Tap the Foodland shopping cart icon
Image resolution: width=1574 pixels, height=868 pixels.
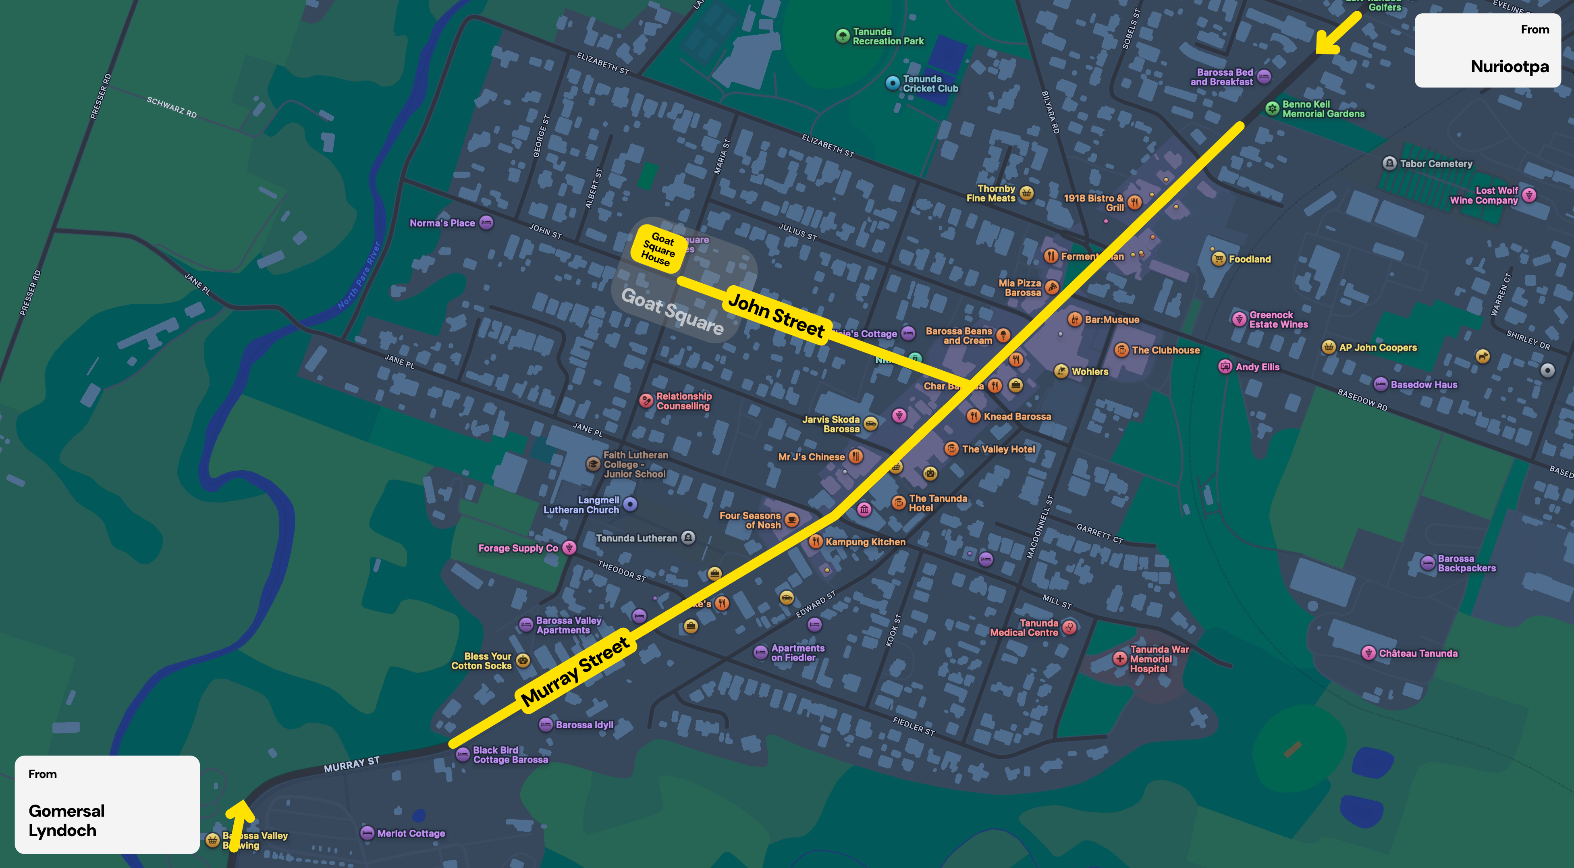point(1219,259)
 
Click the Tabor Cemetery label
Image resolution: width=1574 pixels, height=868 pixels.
point(1436,164)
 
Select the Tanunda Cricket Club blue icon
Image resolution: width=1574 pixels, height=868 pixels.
point(893,83)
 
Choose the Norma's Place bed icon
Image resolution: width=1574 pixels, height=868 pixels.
point(486,222)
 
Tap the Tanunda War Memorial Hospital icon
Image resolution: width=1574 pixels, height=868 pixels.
point(1119,658)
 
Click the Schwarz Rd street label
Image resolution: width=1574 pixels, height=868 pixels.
point(172,107)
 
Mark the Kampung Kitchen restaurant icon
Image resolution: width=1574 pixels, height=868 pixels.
point(815,541)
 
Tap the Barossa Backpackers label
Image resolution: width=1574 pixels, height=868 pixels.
point(1466,563)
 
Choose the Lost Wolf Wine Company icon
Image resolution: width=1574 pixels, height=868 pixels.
point(1529,195)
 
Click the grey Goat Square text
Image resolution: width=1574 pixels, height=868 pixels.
point(672,311)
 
